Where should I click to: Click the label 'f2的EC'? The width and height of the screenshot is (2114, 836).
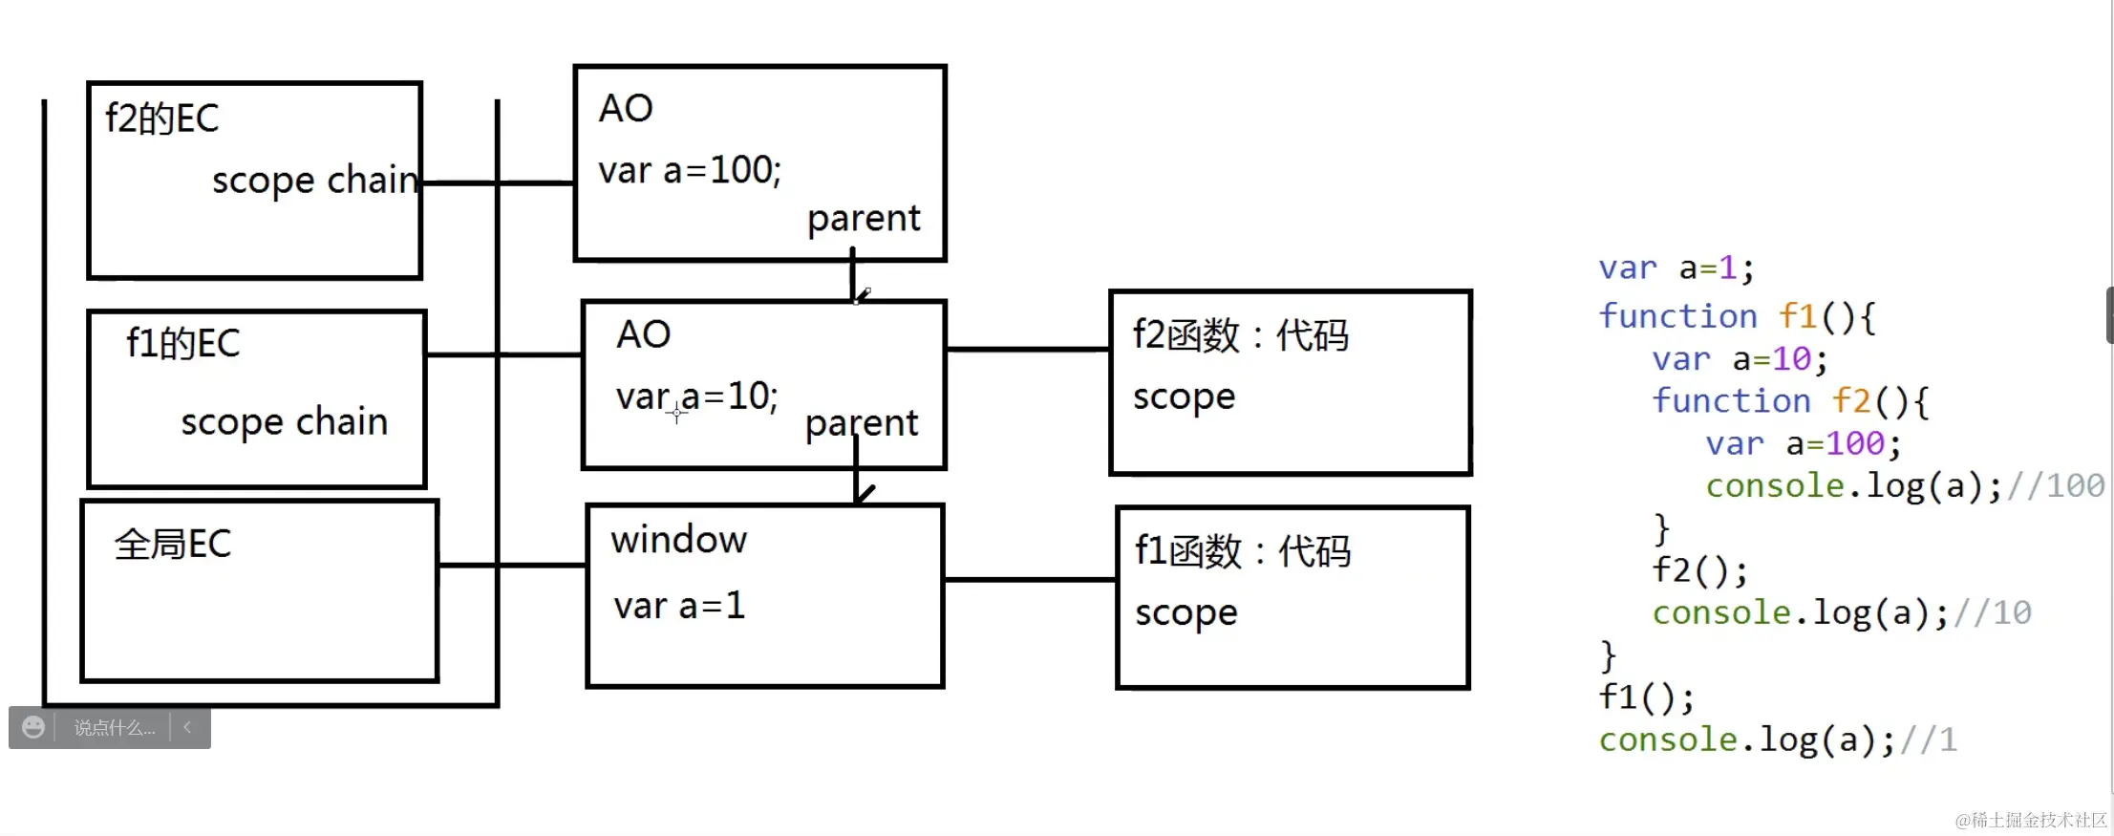click(x=161, y=118)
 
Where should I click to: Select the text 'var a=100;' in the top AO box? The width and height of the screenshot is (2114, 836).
click(x=690, y=170)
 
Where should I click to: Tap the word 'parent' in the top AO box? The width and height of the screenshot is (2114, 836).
click(x=864, y=219)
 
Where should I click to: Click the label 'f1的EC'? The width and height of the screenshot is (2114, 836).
click(x=182, y=344)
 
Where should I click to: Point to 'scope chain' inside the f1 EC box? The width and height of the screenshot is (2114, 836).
click(x=285, y=421)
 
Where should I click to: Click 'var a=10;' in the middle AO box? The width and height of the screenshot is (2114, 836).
click(x=697, y=396)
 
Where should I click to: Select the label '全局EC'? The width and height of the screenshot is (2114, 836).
click(x=173, y=545)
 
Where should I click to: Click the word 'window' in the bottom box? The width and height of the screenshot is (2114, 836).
click(x=679, y=540)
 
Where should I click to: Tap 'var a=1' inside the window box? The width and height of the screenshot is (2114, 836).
click(x=679, y=606)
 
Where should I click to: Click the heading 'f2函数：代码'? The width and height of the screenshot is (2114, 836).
click(x=1240, y=335)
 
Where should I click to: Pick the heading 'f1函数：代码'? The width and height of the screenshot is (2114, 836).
click(x=1243, y=551)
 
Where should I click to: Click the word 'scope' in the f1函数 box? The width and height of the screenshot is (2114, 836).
click(x=1186, y=612)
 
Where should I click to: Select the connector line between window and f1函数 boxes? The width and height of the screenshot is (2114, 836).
click(x=1030, y=579)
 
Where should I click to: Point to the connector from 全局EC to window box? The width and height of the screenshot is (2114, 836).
click(x=512, y=565)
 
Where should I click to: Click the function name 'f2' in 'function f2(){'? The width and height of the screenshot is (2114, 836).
click(x=1850, y=401)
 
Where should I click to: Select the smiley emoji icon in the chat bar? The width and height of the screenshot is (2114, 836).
click(x=33, y=727)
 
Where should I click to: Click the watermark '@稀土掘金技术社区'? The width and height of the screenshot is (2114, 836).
click(x=2030, y=820)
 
